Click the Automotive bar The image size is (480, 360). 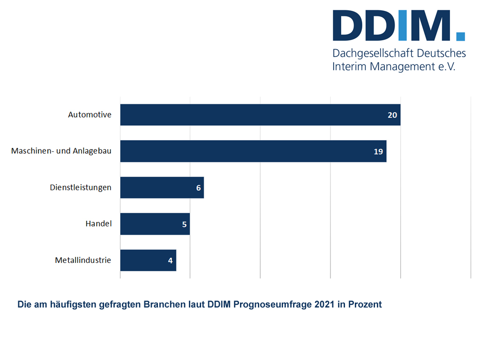[x=260, y=115]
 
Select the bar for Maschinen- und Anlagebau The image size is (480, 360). [x=253, y=151]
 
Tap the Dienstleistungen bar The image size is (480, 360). [x=162, y=187]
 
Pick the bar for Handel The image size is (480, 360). [x=155, y=224]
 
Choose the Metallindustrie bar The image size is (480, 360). [x=148, y=260]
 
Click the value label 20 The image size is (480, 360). [x=392, y=115]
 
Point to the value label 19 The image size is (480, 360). [x=378, y=151]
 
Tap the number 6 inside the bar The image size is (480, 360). [x=198, y=187]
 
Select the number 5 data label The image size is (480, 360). [x=184, y=224]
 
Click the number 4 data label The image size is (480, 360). [x=171, y=260]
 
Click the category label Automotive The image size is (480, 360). [x=90, y=114]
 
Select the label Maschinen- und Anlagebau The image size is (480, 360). [x=61, y=151]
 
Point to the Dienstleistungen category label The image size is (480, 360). [x=81, y=187]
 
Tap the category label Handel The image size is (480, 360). [x=98, y=224]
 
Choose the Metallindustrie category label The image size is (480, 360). [x=83, y=260]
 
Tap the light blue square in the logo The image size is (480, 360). [x=460, y=36]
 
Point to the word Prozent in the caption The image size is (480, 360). [x=365, y=304]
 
